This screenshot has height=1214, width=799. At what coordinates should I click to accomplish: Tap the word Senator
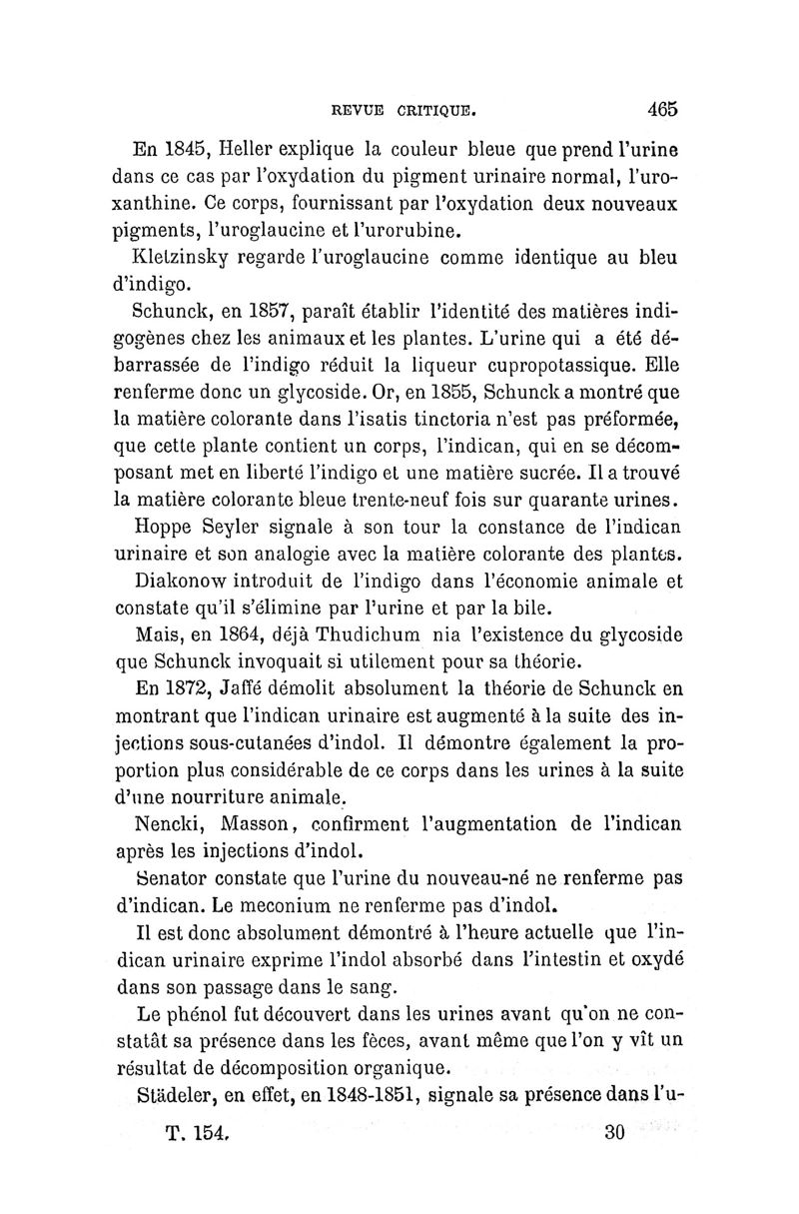[x=175, y=880]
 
